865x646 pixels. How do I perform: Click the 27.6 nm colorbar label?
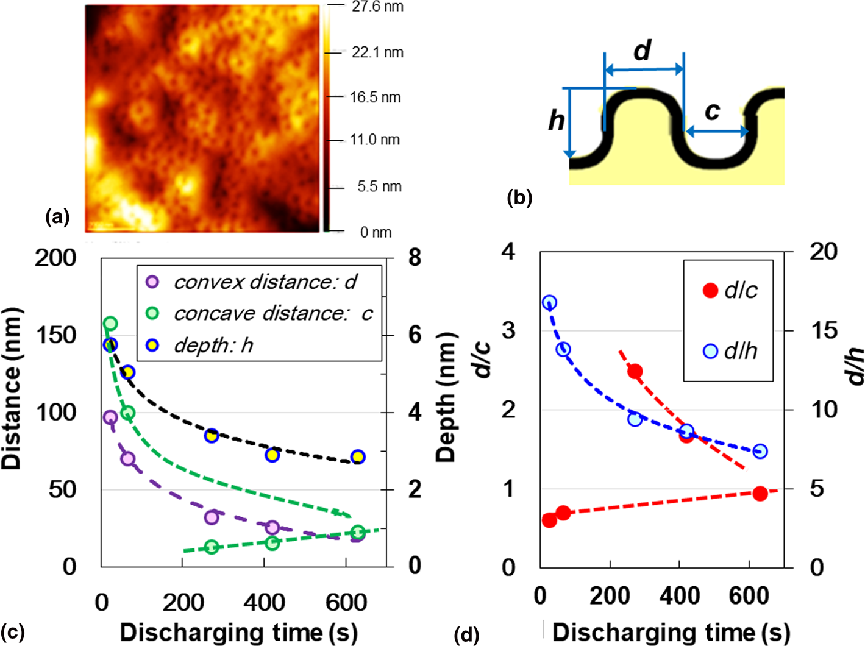(377, 7)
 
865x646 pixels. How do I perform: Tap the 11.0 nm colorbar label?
(374, 140)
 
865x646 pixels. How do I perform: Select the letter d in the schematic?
(643, 51)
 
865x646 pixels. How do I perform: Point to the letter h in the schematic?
(556, 121)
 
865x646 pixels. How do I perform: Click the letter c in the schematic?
(712, 111)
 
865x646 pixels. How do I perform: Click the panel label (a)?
(58, 216)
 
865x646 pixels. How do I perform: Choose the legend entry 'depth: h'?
(213, 346)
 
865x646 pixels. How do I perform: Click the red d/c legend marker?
(711, 291)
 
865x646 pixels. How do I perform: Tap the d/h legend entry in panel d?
(741, 351)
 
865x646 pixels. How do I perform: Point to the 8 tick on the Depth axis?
(415, 258)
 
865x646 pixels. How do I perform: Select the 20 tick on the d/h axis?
(823, 251)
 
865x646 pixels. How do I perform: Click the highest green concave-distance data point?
(110, 324)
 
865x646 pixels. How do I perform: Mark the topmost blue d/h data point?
(549, 303)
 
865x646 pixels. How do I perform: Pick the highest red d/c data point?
(635, 371)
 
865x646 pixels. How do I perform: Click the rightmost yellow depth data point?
(358, 457)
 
